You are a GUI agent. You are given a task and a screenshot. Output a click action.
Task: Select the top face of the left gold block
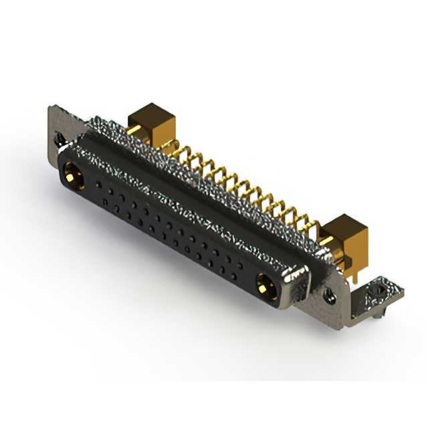(151, 112)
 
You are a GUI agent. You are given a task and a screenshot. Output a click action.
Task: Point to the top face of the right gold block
(344, 224)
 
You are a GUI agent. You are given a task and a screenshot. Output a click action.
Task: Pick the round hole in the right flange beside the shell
(329, 292)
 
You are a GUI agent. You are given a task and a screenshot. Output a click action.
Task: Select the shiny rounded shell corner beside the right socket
(298, 276)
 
